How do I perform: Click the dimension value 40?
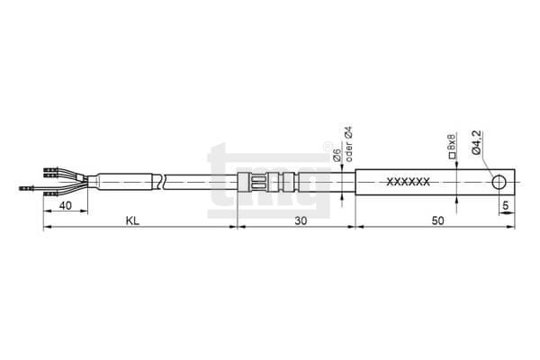(66, 206)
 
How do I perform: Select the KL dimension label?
(132, 220)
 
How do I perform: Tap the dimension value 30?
(301, 220)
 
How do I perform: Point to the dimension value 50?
(438, 220)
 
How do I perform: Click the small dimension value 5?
(506, 206)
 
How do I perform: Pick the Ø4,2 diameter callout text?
(477, 142)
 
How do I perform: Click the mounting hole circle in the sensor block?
(499, 182)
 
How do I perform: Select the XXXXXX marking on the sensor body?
(409, 182)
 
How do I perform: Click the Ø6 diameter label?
(337, 156)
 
